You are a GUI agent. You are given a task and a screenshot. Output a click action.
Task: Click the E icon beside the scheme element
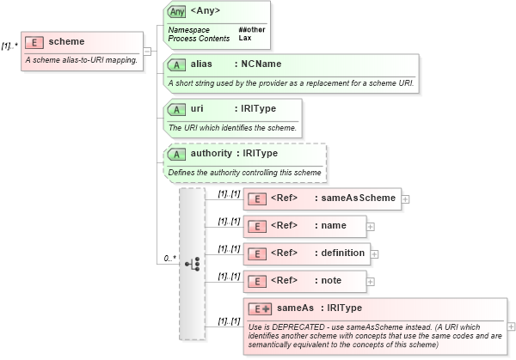(x=35, y=42)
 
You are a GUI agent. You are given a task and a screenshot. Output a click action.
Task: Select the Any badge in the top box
(x=176, y=11)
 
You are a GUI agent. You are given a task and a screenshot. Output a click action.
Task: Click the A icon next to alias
(x=176, y=64)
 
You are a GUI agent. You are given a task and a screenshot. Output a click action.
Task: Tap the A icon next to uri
(x=176, y=109)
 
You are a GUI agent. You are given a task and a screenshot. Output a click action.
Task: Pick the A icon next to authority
(x=176, y=154)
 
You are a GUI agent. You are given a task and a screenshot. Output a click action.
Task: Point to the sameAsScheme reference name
(x=355, y=198)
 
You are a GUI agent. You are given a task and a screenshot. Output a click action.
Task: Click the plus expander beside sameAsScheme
(x=405, y=198)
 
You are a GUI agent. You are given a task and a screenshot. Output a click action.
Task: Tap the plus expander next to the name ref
(x=371, y=227)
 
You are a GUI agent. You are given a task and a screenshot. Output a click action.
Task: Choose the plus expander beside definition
(x=374, y=254)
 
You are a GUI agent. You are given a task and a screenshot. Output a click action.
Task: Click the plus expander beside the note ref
(x=371, y=281)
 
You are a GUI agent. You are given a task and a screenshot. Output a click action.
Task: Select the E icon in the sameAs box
(x=259, y=308)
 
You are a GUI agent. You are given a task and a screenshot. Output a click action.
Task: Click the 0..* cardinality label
(x=169, y=258)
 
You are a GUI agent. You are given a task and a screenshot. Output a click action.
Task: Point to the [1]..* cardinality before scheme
(x=9, y=46)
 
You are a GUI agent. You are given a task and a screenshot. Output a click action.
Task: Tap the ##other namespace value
(x=251, y=29)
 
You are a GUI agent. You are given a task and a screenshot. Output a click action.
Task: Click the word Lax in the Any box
(x=244, y=39)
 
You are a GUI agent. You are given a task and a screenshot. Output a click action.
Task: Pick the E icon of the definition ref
(x=255, y=254)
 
